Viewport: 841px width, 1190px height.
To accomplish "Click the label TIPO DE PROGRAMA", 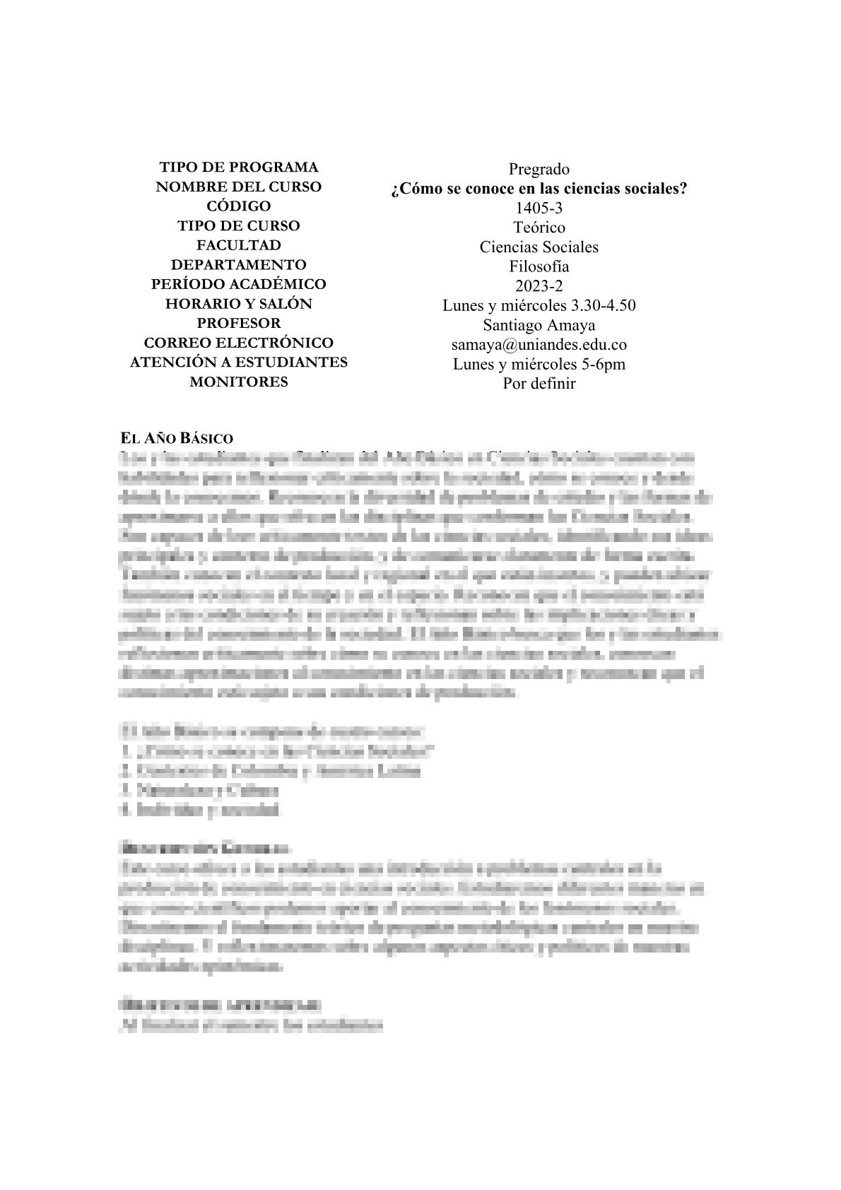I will tap(239, 167).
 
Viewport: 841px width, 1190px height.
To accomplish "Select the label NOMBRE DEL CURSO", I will tap(239, 187).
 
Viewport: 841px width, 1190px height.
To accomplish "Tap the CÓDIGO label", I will tap(239, 206).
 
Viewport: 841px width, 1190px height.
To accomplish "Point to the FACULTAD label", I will tap(239, 245).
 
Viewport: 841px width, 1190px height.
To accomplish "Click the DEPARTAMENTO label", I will tap(239, 265).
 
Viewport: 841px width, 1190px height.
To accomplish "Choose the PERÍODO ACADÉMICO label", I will tap(239, 284).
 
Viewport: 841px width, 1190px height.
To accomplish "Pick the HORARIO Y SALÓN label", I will tap(239, 304).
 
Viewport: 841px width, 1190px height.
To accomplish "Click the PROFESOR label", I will tap(239, 323).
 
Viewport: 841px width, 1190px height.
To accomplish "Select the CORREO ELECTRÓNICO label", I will tap(239, 343).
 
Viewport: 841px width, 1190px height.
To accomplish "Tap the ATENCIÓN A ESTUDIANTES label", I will tap(239, 362).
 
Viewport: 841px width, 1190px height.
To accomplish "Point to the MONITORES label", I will tap(239, 382).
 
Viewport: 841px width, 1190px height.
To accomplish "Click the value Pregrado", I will tap(539, 170).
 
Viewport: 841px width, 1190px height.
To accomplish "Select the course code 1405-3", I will tap(539, 208).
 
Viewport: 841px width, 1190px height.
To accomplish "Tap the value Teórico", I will tap(539, 228).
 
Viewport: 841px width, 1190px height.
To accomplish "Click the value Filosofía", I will tap(539, 267).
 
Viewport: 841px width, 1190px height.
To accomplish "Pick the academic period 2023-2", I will tap(539, 286).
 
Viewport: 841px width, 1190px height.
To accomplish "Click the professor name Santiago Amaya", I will tap(539, 325).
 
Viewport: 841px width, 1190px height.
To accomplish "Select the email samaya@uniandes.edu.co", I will tap(539, 345).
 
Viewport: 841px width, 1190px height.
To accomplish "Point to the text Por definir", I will tap(539, 384).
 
